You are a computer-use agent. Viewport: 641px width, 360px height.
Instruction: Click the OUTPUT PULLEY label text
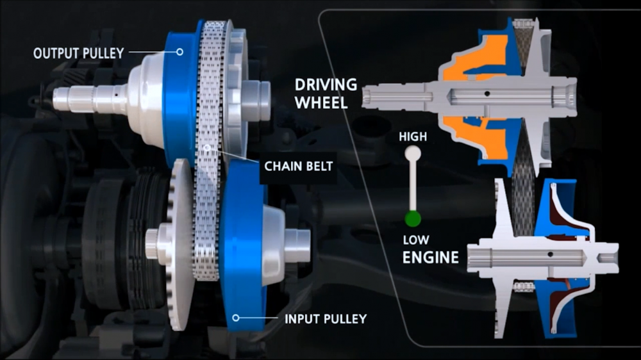pyautogui.click(x=78, y=53)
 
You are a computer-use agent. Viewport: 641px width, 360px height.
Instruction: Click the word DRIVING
pyautogui.click(x=326, y=85)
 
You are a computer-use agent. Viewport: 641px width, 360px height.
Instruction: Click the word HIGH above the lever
pyautogui.click(x=412, y=136)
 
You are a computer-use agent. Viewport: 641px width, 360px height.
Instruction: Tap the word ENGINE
pyautogui.click(x=430, y=258)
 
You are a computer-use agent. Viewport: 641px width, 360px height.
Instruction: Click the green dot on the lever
pyautogui.click(x=412, y=220)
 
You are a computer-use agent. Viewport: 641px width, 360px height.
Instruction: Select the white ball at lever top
pyautogui.click(x=412, y=153)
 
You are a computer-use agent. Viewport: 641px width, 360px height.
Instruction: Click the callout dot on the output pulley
pyautogui.click(x=179, y=52)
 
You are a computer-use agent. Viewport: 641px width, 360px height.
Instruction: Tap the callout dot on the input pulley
pyautogui.click(x=236, y=318)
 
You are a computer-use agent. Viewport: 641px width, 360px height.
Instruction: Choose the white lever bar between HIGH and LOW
pyautogui.click(x=412, y=186)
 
